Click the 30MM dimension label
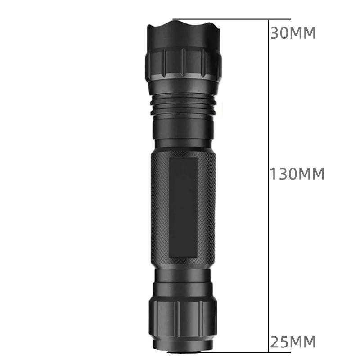point(293,33)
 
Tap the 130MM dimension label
point(297,174)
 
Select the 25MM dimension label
point(293,342)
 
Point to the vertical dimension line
point(268,186)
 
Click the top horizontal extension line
point(231,19)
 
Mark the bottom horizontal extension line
point(232,353)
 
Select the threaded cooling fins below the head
point(184,104)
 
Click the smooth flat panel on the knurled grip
point(183,207)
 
